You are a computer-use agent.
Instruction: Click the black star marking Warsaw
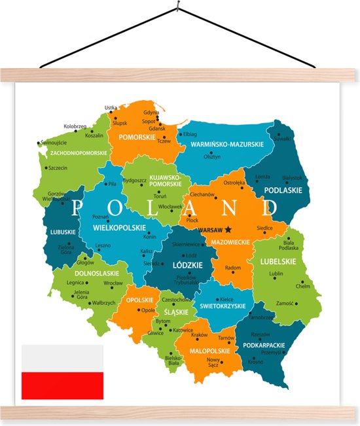228,230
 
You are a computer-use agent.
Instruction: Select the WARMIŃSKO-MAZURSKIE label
227,144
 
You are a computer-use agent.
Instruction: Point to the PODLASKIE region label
283,190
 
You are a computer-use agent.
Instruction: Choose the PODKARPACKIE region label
262,344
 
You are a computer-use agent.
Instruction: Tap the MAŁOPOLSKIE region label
209,351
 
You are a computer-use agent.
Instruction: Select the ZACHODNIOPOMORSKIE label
79,152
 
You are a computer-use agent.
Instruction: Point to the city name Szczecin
58,168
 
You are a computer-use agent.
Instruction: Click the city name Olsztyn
212,157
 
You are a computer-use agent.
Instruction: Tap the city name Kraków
200,336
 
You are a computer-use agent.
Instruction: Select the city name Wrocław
113,283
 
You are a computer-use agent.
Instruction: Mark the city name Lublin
276,274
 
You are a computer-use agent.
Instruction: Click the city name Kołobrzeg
76,126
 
